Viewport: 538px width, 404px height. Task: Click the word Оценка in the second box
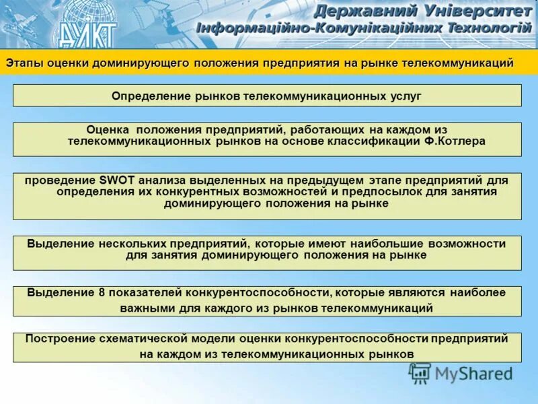107,129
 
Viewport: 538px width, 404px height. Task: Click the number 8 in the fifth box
102,293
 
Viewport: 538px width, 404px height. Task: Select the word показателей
142,293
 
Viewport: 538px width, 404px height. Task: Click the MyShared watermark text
473,372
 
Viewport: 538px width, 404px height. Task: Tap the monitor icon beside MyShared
420,372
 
